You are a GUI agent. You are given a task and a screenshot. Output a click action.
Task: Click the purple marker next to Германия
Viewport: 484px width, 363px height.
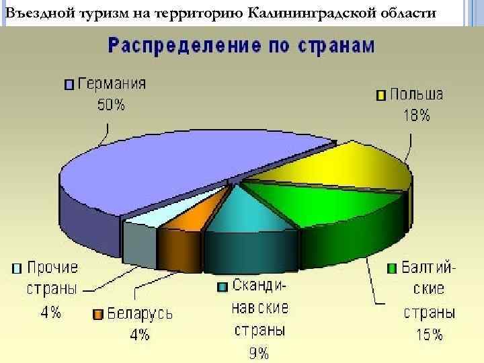coord(69,85)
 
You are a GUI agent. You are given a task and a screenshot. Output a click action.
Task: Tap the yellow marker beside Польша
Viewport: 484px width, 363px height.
coord(380,95)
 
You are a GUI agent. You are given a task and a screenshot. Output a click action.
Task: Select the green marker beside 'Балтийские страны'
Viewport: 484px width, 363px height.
coord(391,269)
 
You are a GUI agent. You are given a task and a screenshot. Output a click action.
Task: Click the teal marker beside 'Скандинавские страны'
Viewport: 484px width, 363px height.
coord(223,287)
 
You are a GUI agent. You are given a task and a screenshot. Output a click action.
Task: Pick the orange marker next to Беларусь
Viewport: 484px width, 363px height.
coord(97,314)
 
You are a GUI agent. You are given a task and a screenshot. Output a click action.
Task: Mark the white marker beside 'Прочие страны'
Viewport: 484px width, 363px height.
coord(16,268)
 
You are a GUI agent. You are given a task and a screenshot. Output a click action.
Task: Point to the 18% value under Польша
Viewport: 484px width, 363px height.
coord(417,116)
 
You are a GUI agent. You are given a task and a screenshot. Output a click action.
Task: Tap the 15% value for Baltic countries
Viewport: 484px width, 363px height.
coord(428,335)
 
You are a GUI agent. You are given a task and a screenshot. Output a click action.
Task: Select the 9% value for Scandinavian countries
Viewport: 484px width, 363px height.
coord(259,352)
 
